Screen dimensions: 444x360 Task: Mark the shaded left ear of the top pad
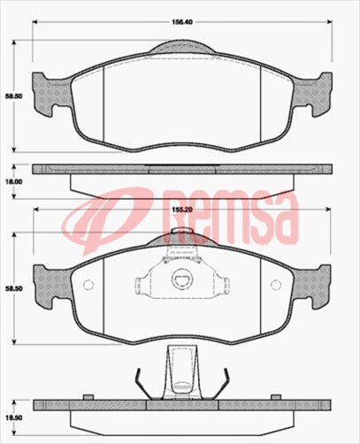coord(43,91)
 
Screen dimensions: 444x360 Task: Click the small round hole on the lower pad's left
coord(87,285)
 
